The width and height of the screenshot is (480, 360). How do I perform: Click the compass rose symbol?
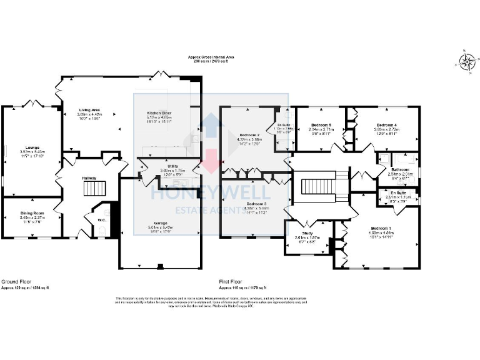click(x=466, y=61)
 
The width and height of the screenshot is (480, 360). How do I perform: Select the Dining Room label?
click(x=30, y=214)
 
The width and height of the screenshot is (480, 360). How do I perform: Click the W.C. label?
click(x=101, y=219)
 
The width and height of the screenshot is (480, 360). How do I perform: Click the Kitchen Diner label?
click(x=159, y=113)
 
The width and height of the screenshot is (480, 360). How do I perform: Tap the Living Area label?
click(x=89, y=110)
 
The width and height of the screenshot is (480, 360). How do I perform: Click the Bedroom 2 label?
click(x=249, y=134)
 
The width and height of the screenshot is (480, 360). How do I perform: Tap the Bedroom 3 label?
click(x=256, y=204)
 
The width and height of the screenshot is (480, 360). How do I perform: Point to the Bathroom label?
click(x=401, y=170)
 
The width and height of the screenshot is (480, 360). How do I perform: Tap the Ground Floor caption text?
click(x=13, y=282)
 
